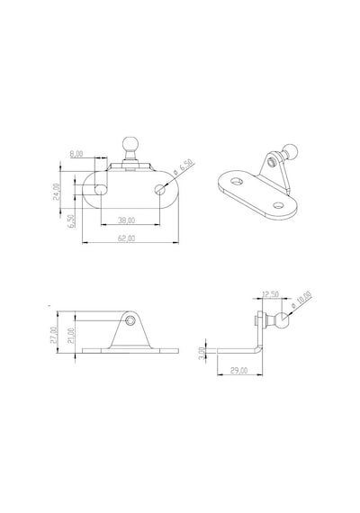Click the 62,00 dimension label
pos(126,238)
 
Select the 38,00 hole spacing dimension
pos(126,220)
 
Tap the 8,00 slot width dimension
pos(76,154)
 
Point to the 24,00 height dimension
pos(57,192)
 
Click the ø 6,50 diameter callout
pos(184,168)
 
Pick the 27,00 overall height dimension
pos(54,335)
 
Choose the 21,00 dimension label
pos(72,336)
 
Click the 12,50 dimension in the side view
pos(271,294)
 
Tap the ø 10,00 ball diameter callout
pos(301,301)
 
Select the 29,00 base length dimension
pos(238,371)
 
